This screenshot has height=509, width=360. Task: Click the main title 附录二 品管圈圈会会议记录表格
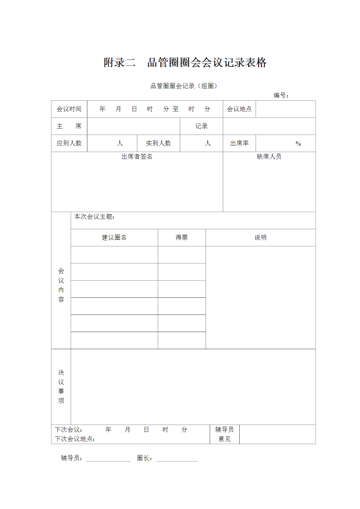point(185,62)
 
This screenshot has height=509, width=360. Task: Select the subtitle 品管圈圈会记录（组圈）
point(184,86)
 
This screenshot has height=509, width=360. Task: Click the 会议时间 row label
point(69,109)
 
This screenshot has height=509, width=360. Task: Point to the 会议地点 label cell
point(239,109)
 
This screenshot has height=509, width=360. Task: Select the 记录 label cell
point(201,126)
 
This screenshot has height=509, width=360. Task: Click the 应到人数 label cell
point(69,143)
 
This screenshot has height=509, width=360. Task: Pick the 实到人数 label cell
point(158,143)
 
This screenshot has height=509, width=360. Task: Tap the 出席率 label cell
point(239,143)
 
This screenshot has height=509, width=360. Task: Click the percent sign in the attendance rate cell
point(298,144)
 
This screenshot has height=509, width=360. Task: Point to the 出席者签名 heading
point(137,157)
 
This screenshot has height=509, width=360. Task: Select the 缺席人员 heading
point(269,157)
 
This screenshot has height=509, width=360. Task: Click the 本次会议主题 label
point(94,217)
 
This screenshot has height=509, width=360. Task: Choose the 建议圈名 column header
point(114,238)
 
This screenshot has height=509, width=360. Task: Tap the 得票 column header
point(182,238)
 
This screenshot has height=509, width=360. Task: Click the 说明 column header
point(260,238)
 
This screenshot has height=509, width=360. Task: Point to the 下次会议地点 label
point(75,439)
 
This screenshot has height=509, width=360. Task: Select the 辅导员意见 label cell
point(225,434)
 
